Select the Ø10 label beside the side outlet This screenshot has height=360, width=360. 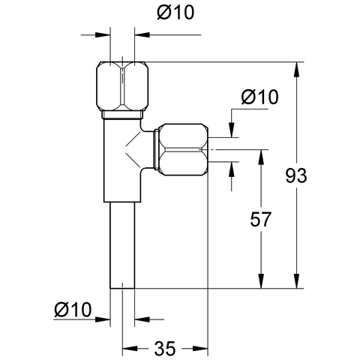259,97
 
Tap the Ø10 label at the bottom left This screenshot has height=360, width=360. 73,309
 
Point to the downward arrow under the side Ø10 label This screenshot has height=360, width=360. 232,130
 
